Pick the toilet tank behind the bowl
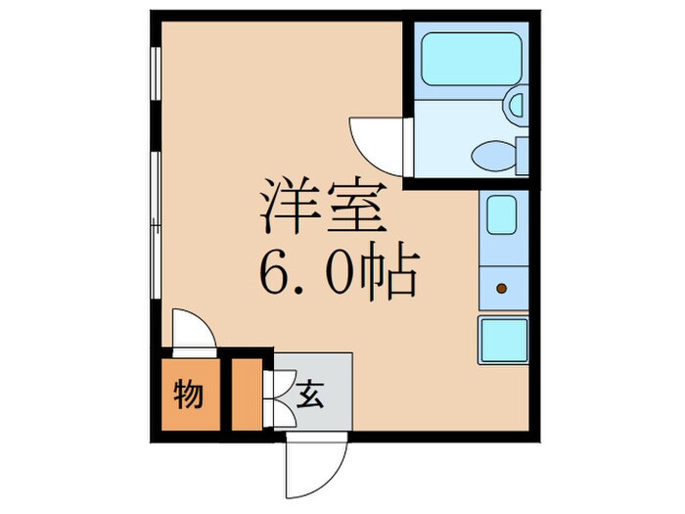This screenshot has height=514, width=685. coord(522,155)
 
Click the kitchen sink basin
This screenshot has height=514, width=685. coord(502,215)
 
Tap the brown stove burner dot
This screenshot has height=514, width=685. coord(502,289)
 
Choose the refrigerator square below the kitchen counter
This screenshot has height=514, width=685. coord(503,339)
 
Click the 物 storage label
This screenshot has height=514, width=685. coord(189,396)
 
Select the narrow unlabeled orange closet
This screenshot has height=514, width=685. coord(246,396)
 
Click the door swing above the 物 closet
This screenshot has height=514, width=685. coord(192,333)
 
